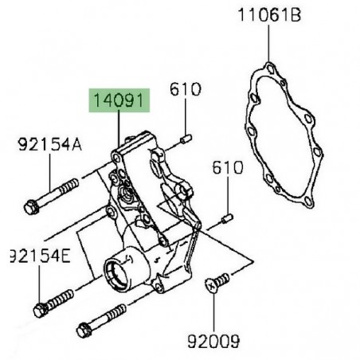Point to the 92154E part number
point(38,256)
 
